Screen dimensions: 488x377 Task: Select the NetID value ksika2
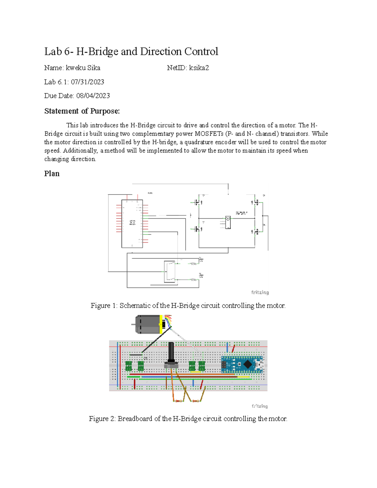point(199,68)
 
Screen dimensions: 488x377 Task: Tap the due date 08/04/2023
point(93,96)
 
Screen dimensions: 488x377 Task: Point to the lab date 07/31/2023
point(87,82)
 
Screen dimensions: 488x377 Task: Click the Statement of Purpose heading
point(82,111)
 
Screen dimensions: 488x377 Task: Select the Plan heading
point(52,174)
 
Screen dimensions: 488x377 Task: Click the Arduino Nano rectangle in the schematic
point(132,224)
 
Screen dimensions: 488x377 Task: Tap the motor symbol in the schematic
point(228,222)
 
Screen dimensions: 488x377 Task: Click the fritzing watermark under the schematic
point(260,293)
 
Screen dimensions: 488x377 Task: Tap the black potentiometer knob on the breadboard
point(171,352)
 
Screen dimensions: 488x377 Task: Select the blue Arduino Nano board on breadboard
point(242,365)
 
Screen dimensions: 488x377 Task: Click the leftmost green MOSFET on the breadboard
point(128,366)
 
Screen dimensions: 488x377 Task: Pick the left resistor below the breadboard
point(178,401)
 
